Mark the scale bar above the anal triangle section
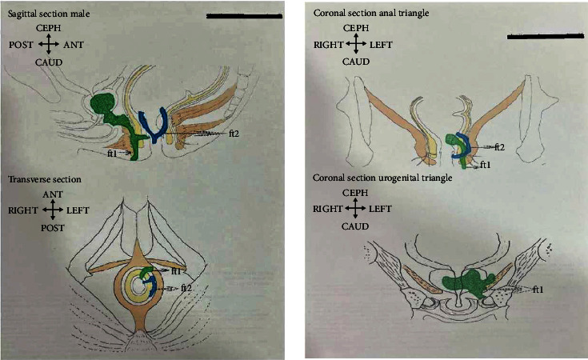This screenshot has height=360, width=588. click(545, 36)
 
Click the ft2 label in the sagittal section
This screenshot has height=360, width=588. click(234, 132)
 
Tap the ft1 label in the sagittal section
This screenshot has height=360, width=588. click(113, 151)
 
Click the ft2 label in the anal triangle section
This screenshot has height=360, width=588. click(499, 147)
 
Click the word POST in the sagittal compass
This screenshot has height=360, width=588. click(21, 45)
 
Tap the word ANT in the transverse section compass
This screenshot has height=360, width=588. click(53, 193)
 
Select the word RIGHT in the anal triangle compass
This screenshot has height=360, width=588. click(326, 46)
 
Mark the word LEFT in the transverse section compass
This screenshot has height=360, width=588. click(82, 211)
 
